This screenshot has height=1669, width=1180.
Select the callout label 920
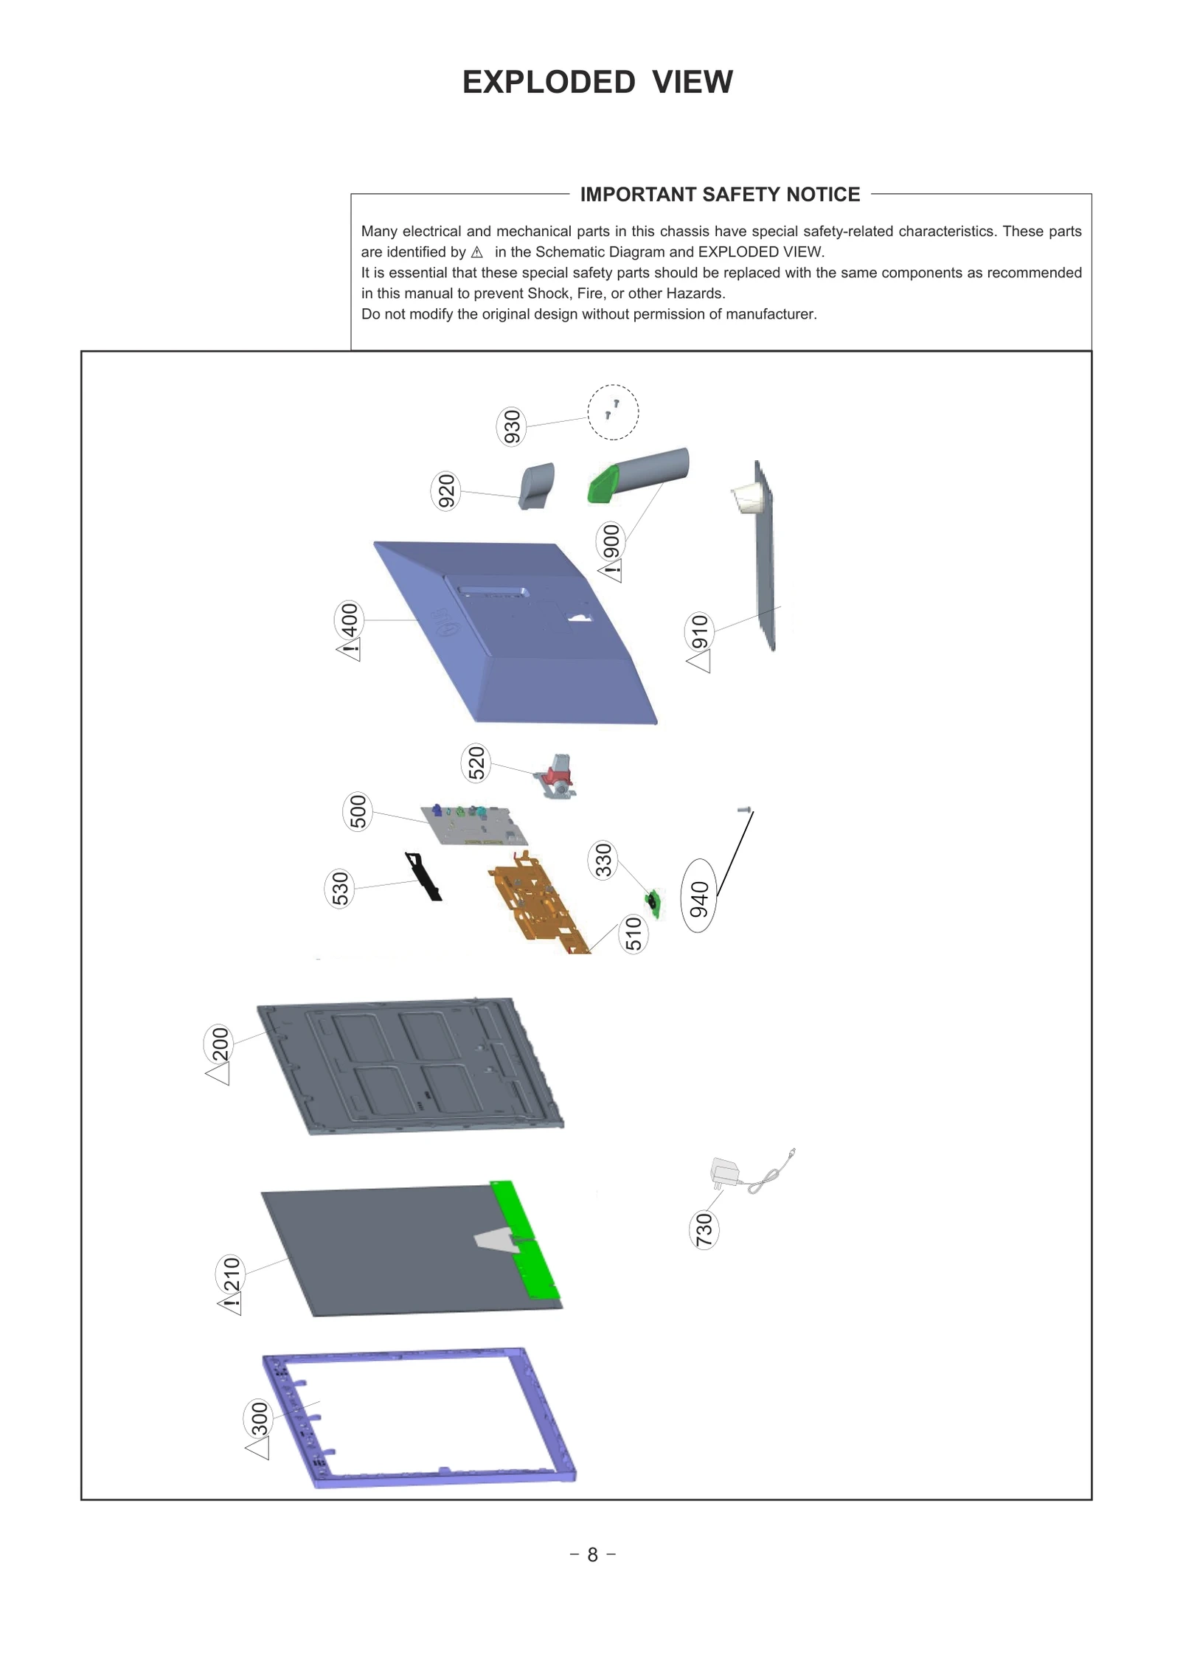click(445, 491)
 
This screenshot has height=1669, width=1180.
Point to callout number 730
click(704, 1229)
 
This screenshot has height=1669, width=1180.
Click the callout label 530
click(339, 888)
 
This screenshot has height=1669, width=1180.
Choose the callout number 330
click(603, 861)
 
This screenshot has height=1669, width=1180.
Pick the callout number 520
click(476, 763)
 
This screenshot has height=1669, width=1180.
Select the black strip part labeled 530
click(425, 876)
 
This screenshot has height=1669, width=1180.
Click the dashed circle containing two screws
click(613, 412)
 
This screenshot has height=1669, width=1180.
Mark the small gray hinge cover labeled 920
click(537, 486)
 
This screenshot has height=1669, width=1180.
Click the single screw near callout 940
click(744, 810)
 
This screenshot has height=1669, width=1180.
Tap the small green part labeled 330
click(653, 901)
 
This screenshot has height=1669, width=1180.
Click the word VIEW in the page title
click(693, 82)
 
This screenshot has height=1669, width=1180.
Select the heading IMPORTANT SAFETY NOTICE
click(720, 195)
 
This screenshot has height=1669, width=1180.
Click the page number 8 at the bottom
click(592, 1555)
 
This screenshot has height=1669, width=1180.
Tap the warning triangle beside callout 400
click(350, 651)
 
